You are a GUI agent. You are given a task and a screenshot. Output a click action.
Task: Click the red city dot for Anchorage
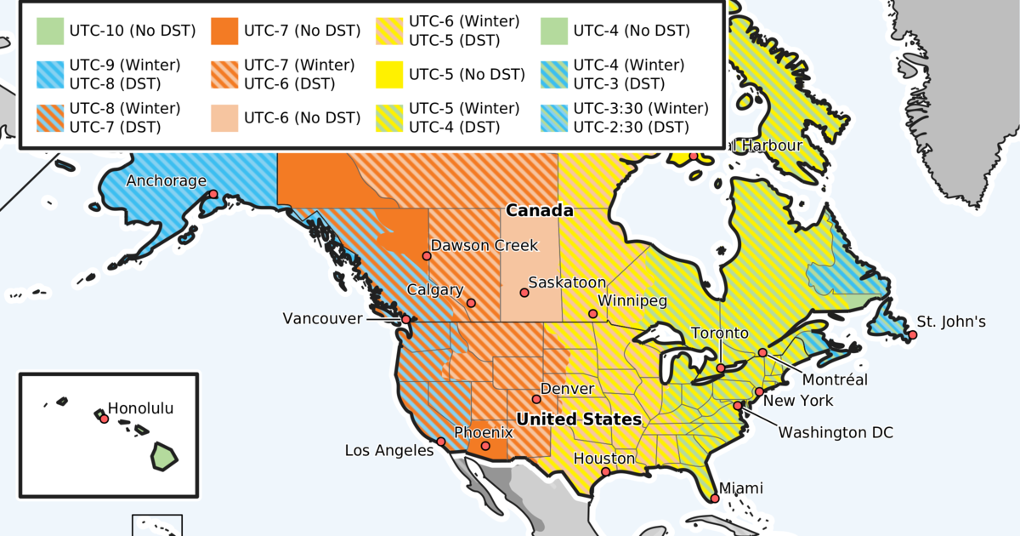[x=213, y=195]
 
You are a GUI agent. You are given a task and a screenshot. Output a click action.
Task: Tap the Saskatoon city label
[x=567, y=282]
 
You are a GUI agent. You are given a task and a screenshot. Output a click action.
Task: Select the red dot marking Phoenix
[x=485, y=446]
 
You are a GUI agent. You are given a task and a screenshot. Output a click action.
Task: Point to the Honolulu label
[x=140, y=408]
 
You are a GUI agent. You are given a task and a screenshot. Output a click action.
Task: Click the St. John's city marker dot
[x=912, y=335]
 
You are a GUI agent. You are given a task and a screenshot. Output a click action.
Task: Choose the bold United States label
[x=579, y=419]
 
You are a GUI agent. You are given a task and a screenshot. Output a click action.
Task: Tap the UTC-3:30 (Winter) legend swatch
[x=552, y=117]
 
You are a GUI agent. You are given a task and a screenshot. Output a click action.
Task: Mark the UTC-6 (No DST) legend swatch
[x=223, y=117]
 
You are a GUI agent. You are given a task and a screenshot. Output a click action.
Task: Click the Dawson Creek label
[x=484, y=246]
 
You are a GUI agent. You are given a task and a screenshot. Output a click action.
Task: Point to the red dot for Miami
[x=715, y=499]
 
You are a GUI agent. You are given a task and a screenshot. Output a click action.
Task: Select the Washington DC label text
[x=836, y=433]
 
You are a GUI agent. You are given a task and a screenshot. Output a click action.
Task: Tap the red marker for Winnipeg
[x=594, y=314]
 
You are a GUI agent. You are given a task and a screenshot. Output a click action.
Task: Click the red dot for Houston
[x=605, y=472]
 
